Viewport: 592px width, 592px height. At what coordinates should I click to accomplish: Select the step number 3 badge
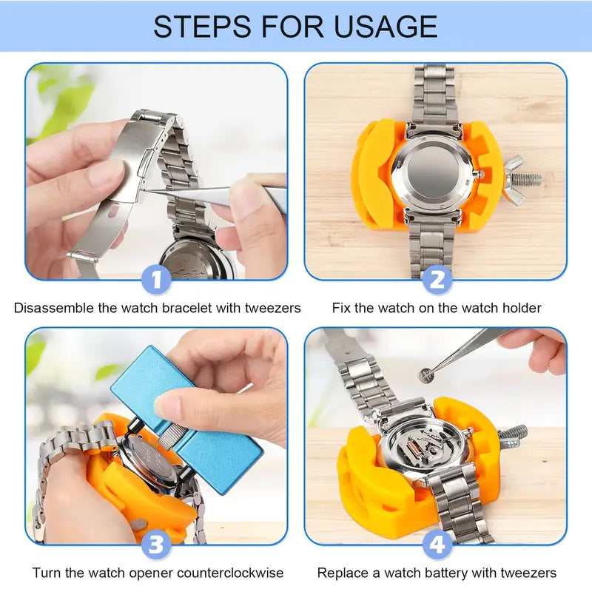156,545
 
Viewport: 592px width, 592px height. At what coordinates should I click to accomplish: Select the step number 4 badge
437,545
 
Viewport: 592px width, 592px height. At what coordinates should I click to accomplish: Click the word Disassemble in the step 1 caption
54,308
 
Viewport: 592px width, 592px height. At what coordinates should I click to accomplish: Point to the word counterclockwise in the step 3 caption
226,573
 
